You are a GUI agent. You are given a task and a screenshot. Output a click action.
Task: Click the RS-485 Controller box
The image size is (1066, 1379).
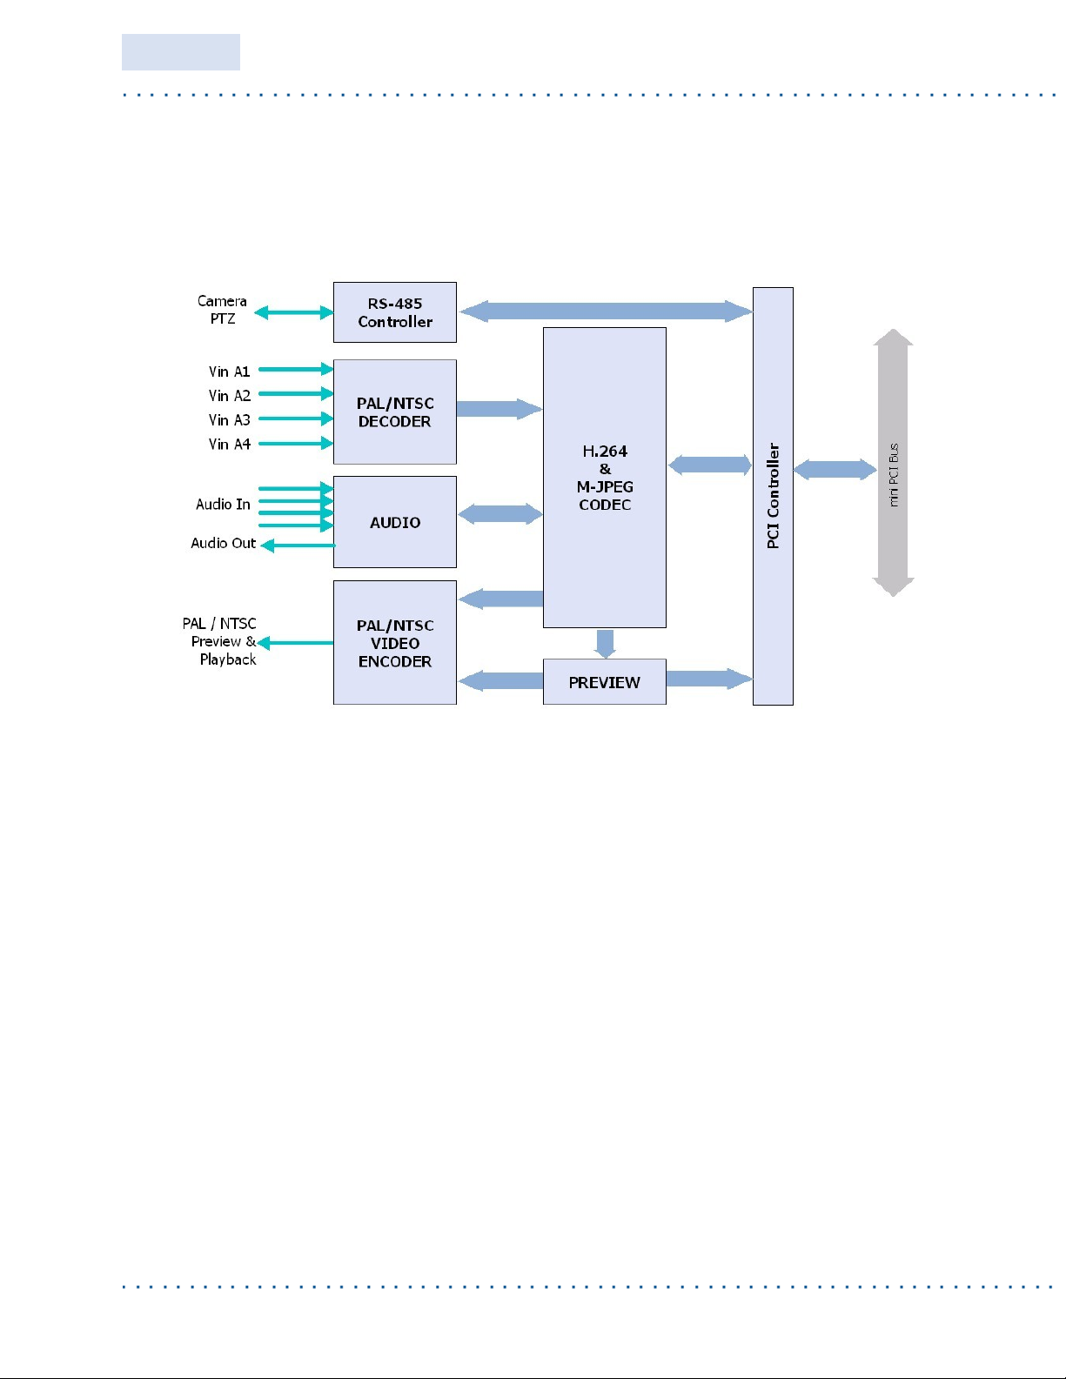click(x=395, y=312)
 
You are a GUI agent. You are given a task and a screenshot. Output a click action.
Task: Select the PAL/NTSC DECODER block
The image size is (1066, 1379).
click(x=395, y=412)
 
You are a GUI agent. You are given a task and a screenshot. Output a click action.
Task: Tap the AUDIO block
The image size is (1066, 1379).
click(x=395, y=522)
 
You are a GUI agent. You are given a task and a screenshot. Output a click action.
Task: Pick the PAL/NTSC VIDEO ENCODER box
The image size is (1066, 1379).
click(x=395, y=642)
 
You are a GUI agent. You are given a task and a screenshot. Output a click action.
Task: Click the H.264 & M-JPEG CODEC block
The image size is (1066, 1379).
click(x=605, y=478)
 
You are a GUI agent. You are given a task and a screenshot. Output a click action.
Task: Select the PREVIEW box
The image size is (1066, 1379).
click(x=605, y=681)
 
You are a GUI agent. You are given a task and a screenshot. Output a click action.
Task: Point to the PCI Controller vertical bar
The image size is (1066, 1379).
click(x=773, y=496)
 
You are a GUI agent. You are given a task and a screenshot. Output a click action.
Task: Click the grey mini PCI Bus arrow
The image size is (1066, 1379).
click(x=894, y=463)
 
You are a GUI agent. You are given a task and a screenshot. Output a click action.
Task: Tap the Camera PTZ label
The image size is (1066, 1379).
click(x=222, y=310)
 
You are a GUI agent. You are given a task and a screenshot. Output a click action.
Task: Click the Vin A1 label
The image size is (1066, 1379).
click(x=229, y=372)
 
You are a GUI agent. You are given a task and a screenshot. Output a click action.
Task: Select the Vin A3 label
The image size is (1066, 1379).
click(x=229, y=420)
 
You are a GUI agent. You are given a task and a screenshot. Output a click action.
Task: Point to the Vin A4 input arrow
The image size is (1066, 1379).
click(x=296, y=444)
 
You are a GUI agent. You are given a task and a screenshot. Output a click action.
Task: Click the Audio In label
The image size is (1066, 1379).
click(x=223, y=505)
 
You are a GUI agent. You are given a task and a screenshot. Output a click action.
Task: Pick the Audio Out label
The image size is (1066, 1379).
click(x=224, y=543)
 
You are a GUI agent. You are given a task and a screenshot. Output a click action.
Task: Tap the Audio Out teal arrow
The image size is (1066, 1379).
click(x=298, y=546)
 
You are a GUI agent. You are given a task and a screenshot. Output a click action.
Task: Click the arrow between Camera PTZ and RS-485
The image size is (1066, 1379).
click(x=294, y=312)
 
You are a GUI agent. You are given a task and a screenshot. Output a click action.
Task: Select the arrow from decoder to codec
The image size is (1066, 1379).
click(x=499, y=409)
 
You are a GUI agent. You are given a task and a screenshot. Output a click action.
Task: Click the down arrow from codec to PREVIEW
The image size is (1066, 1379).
click(x=606, y=644)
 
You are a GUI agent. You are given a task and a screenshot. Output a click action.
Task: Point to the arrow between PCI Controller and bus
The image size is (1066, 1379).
click(x=835, y=470)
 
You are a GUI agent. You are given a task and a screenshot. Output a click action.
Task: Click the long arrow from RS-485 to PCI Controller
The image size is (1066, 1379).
click(x=606, y=311)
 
